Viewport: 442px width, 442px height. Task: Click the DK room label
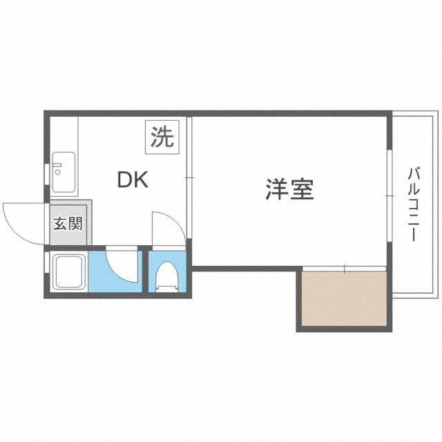pyautogui.click(x=133, y=180)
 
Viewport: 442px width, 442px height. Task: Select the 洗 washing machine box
pyautogui.click(x=162, y=137)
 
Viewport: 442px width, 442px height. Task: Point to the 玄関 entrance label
pyautogui.click(x=68, y=224)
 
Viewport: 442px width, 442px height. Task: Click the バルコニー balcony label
pyautogui.click(x=413, y=204)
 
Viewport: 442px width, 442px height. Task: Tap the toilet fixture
pyautogui.click(x=167, y=276)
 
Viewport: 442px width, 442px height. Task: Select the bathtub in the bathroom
pyautogui.click(x=69, y=271)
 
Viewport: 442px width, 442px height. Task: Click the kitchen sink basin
pyautogui.click(x=64, y=172)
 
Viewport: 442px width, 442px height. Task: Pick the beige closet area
pyautogui.click(x=344, y=298)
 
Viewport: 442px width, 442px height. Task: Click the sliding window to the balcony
pyautogui.click(x=390, y=195)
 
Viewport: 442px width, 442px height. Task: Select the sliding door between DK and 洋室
pyautogui.click(x=189, y=177)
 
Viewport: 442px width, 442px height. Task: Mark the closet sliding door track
pyautogui.click(x=344, y=269)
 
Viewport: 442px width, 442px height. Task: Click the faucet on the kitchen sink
pyautogui.click(x=57, y=168)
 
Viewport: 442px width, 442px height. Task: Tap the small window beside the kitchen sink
pyautogui.click(x=47, y=174)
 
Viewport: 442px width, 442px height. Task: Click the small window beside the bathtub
pyautogui.click(x=47, y=262)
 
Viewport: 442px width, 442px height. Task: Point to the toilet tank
pyautogui.click(x=167, y=289)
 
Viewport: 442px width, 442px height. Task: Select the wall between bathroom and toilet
pyautogui.click(x=146, y=271)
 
